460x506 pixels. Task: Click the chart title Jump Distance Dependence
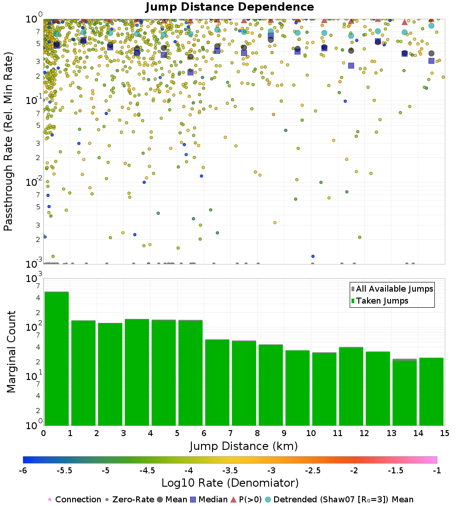click(x=230, y=7)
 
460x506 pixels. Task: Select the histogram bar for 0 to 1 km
click(x=57, y=359)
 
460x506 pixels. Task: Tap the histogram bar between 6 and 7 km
click(x=217, y=382)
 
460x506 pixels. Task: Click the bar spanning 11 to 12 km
click(x=351, y=386)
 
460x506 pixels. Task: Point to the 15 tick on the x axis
click(x=444, y=434)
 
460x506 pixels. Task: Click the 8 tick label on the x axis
click(x=257, y=434)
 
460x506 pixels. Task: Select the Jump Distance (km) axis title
click(x=243, y=446)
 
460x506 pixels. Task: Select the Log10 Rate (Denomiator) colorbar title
click(x=230, y=483)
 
